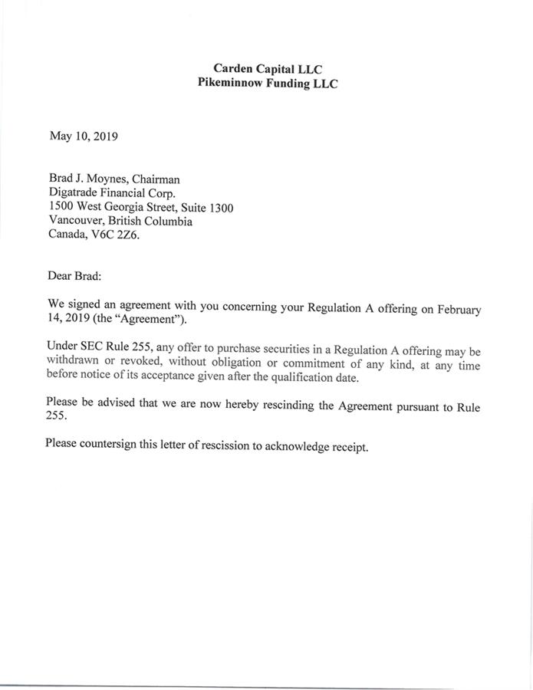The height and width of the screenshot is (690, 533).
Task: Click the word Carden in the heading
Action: pos(232,69)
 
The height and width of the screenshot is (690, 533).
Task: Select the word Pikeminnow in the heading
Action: pos(229,84)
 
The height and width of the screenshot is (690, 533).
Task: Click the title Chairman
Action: pos(156,179)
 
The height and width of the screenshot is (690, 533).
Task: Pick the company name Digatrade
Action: pos(77,193)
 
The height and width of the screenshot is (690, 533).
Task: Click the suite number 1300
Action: pos(219,208)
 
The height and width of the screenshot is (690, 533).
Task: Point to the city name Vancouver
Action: pos(79,222)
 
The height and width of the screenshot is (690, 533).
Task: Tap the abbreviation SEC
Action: pos(95,347)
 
